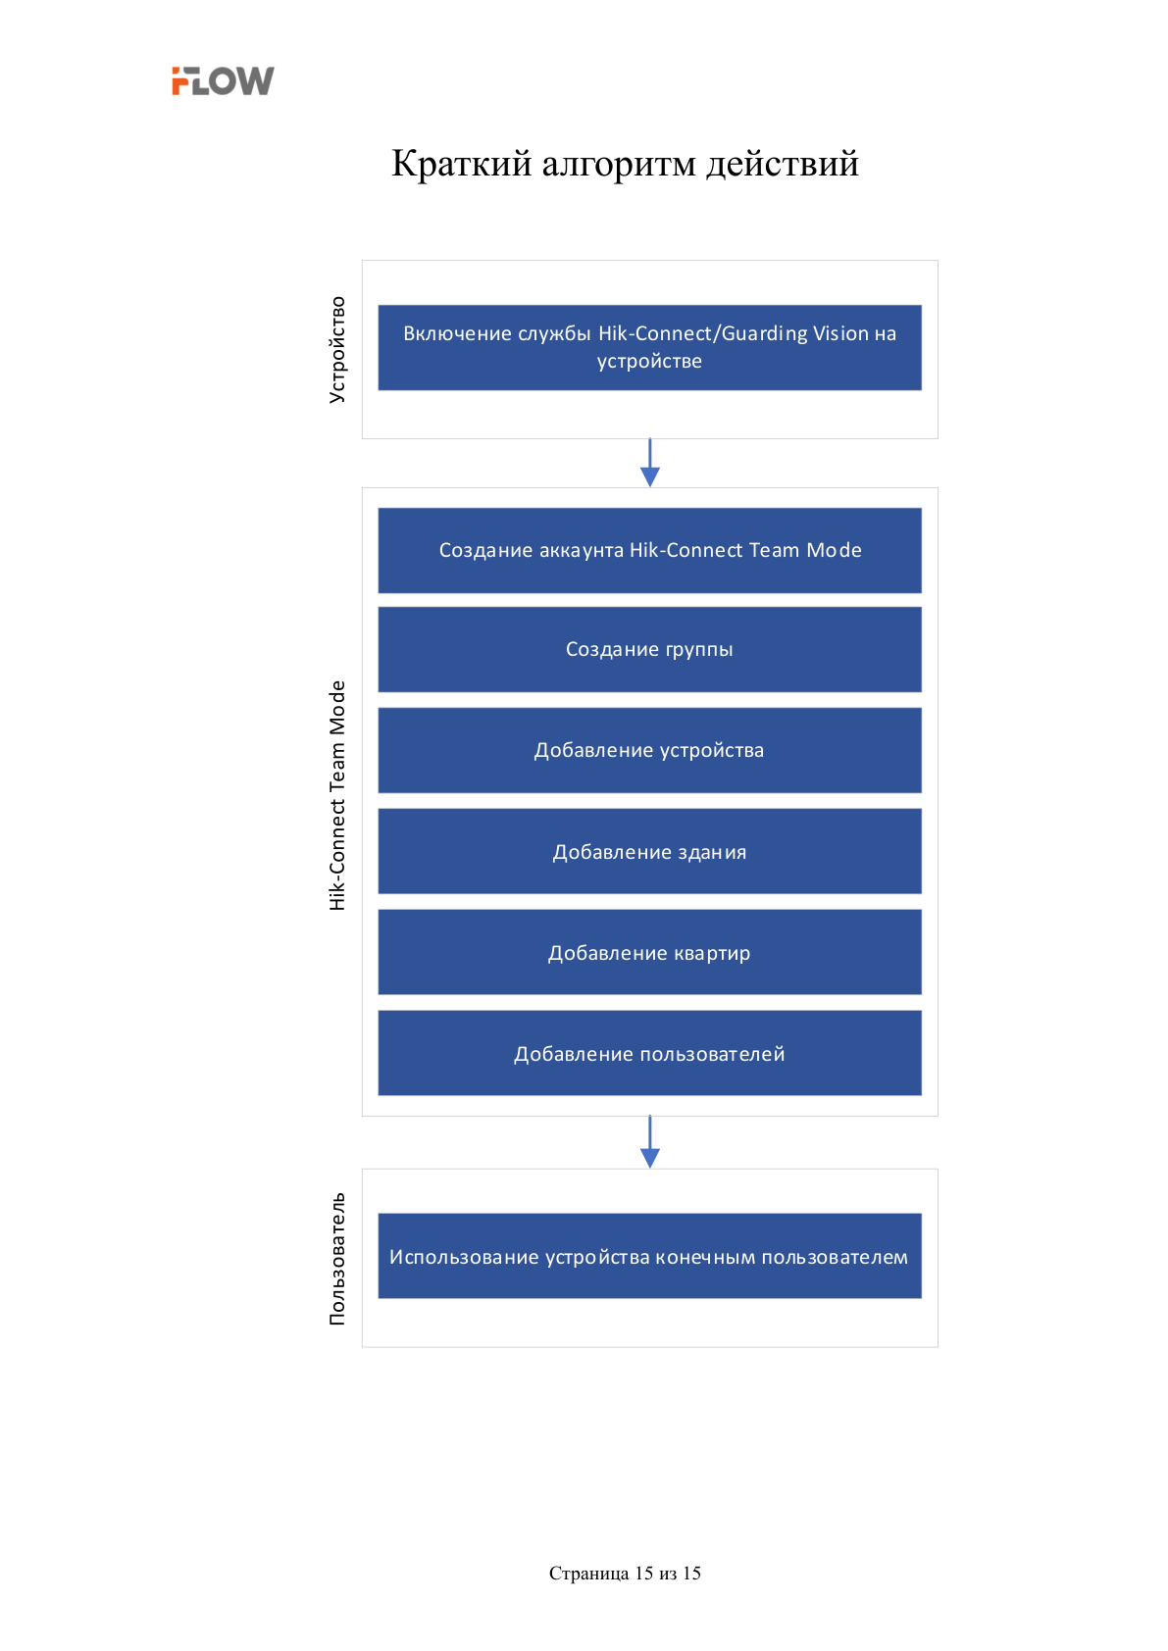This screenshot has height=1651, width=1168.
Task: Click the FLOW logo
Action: click(x=223, y=80)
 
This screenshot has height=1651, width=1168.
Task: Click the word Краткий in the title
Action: click(x=461, y=163)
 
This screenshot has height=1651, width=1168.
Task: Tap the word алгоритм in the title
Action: click(x=619, y=165)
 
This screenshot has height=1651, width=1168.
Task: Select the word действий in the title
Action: click(x=783, y=164)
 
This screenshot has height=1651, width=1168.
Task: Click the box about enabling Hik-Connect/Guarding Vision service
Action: click(x=649, y=347)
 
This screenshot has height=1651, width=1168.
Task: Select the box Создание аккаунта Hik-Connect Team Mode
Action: click(x=649, y=550)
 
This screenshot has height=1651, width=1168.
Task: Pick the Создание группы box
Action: click(x=649, y=649)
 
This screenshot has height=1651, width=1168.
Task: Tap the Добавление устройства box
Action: click(x=649, y=750)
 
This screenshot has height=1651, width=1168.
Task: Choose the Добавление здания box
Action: click(x=649, y=851)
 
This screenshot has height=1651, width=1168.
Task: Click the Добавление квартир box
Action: click(x=649, y=952)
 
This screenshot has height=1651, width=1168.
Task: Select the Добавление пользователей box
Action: click(x=649, y=1053)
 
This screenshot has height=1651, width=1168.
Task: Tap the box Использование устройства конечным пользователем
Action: click(x=649, y=1256)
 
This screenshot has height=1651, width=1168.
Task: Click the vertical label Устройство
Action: click(x=337, y=349)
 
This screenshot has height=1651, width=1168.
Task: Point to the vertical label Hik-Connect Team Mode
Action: click(x=337, y=795)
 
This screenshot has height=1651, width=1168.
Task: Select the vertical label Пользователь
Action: click(x=337, y=1259)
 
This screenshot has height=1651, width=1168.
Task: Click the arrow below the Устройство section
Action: click(x=649, y=463)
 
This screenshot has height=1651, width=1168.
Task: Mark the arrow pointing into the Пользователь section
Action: click(x=649, y=1142)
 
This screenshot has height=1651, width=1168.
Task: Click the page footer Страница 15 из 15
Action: click(x=625, y=1573)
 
